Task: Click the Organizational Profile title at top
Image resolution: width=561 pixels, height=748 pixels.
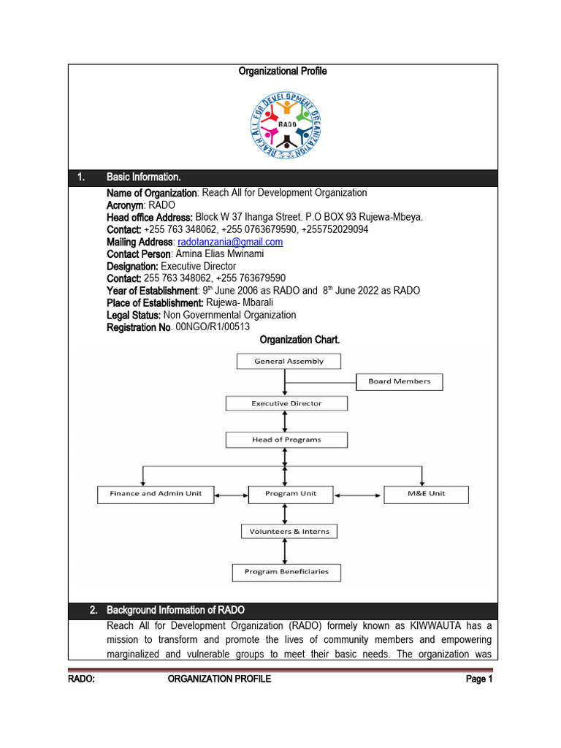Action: click(283, 71)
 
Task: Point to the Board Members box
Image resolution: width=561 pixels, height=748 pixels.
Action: click(399, 381)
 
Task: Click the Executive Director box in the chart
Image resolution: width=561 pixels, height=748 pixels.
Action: click(286, 403)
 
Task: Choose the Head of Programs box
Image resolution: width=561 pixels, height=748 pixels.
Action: click(286, 440)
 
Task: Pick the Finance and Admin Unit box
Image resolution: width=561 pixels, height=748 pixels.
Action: click(156, 494)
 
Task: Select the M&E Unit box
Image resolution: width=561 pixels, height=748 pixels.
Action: click(427, 494)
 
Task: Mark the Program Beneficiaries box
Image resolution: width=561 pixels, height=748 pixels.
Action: click(286, 572)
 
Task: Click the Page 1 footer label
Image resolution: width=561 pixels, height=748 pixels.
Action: click(480, 679)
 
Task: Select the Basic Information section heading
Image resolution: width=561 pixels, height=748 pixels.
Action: click(144, 178)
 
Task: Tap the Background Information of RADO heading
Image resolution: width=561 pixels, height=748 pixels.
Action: click(176, 610)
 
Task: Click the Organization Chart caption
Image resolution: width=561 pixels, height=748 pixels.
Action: click(300, 340)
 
